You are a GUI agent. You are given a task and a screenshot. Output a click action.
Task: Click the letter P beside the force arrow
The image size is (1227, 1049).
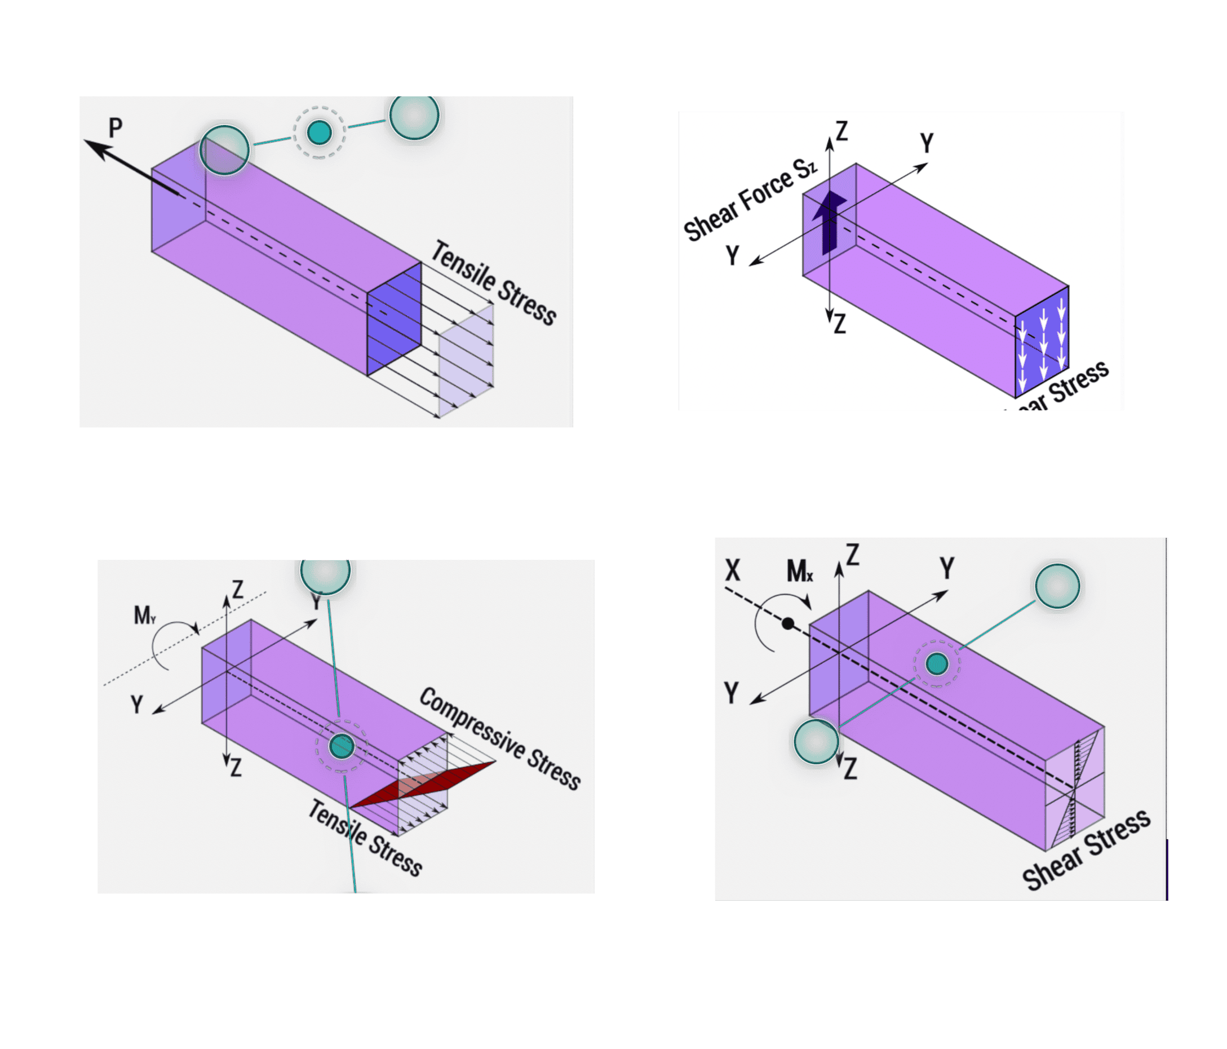pyautogui.click(x=116, y=128)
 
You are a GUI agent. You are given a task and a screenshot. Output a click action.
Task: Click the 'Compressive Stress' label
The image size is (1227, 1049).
pyautogui.click(x=500, y=738)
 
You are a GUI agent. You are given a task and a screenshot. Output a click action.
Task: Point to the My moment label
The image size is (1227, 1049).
pyautogui.click(x=144, y=616)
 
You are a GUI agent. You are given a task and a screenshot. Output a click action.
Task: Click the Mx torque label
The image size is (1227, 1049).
pyautogui.click(x=799, y=572)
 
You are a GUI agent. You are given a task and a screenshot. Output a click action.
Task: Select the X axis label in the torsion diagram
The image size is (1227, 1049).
pyautogui.click(x=733, y=570)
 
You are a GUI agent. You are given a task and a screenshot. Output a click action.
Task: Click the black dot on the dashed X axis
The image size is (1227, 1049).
pyautogui.click(x=787, y=623)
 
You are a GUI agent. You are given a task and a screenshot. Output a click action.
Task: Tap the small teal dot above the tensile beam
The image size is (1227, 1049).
pyautogui.click(x=320, y=132)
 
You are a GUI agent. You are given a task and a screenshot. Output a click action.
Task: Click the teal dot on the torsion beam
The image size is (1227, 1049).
pyautogui.click(x=937, y=663)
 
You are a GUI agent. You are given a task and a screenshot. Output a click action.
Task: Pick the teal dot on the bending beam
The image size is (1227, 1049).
pyautogui.click(x=342, y=746)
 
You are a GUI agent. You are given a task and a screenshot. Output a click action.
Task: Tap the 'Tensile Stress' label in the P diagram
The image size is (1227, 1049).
pyautogui.click(x=493, y=283)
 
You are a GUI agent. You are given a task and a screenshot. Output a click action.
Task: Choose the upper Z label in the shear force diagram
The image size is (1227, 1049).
pyautogui.click(x=841, y=131)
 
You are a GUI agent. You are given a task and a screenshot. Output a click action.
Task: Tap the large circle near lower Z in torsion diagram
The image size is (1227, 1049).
pyautogui.click(x=816, y=742)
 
